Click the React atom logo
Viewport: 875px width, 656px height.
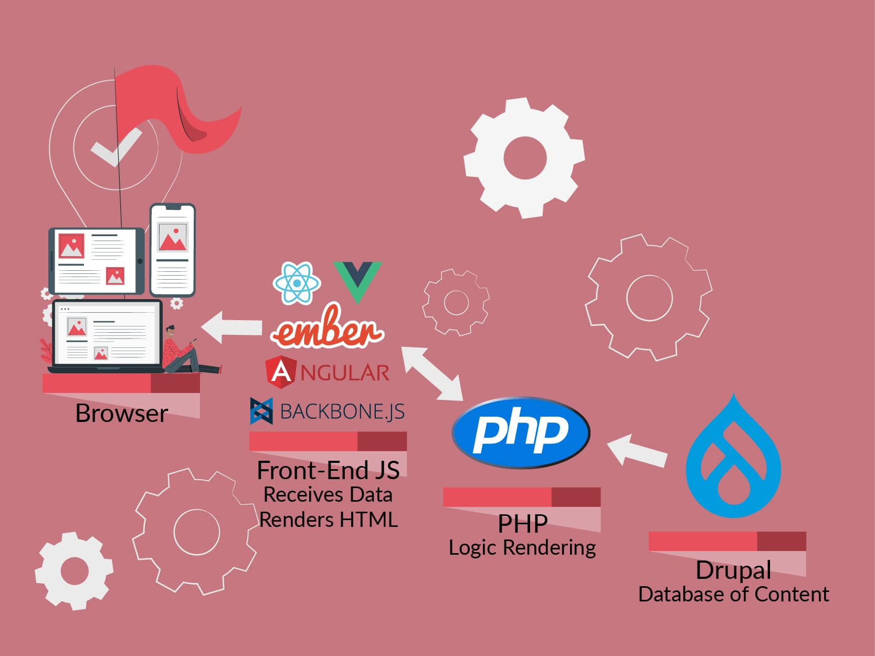click(297, 283)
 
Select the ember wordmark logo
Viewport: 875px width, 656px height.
click(327, 329)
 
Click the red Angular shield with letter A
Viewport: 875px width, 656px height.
click(281, 372)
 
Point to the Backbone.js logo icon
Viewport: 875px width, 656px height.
click(261, 411)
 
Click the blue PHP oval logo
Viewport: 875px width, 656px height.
click(521, 432)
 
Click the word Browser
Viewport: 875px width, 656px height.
click(121, 414)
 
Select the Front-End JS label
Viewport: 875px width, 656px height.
click(328, 471)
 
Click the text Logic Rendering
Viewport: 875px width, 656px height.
click(522, 547)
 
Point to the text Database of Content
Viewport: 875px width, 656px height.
click(733, 595)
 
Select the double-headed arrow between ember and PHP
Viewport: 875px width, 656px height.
click(431, 373)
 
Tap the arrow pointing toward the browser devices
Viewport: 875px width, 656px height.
click(232, 327)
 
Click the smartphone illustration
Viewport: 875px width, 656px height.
click(173, 250)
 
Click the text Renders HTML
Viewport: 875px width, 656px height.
click(328, 520)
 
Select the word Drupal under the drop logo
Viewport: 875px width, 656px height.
click(733, 570)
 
